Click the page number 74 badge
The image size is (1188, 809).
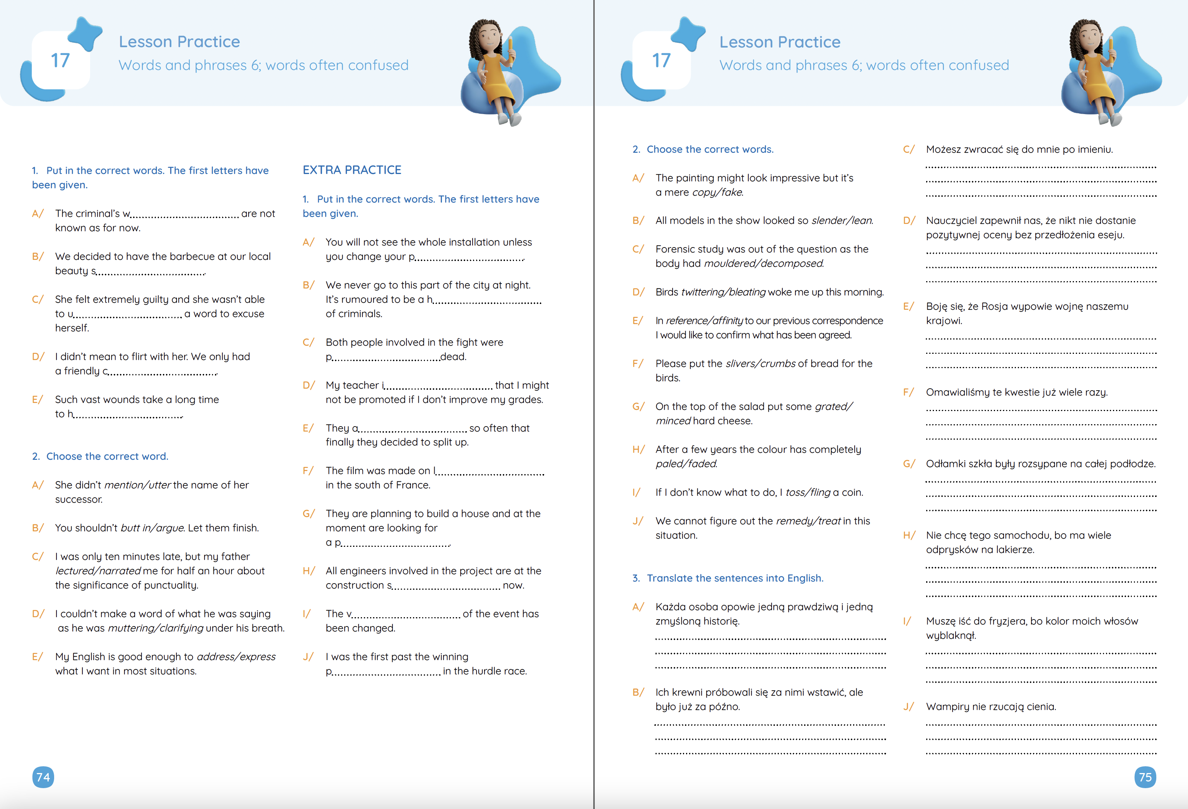coord(43,777)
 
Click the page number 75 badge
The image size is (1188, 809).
coord(1145,777)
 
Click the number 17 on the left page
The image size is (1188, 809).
coord(60,61)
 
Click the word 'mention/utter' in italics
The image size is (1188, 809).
coord(138,485)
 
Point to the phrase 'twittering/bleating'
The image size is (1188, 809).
coord(723,292)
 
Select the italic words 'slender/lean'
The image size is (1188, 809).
coord(841,220)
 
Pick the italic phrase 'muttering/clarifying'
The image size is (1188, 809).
coord(155,628)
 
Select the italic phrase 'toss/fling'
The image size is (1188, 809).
coord(808,492)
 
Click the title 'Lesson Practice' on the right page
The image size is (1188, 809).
coord(780,42)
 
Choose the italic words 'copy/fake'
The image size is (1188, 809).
coord(717,192)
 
